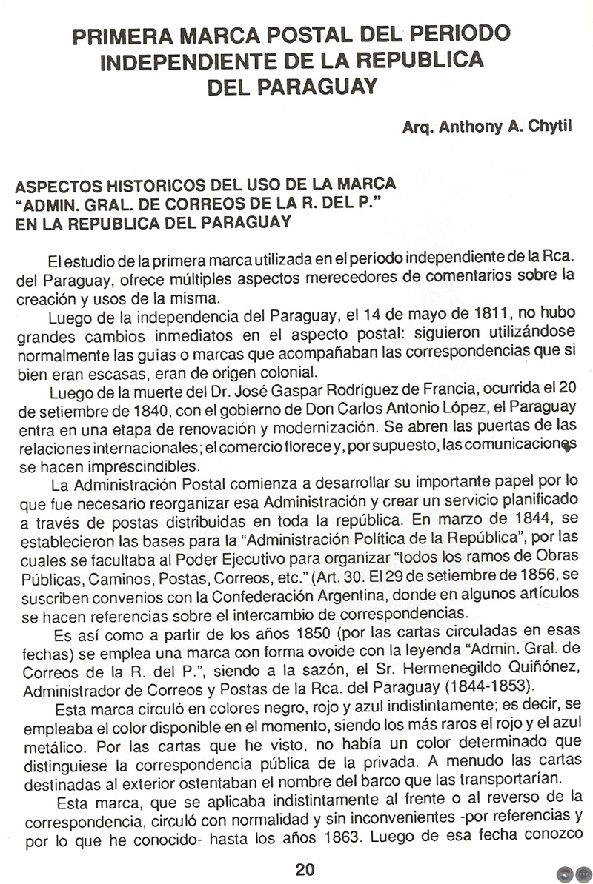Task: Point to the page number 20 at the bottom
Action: pos(305,869)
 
